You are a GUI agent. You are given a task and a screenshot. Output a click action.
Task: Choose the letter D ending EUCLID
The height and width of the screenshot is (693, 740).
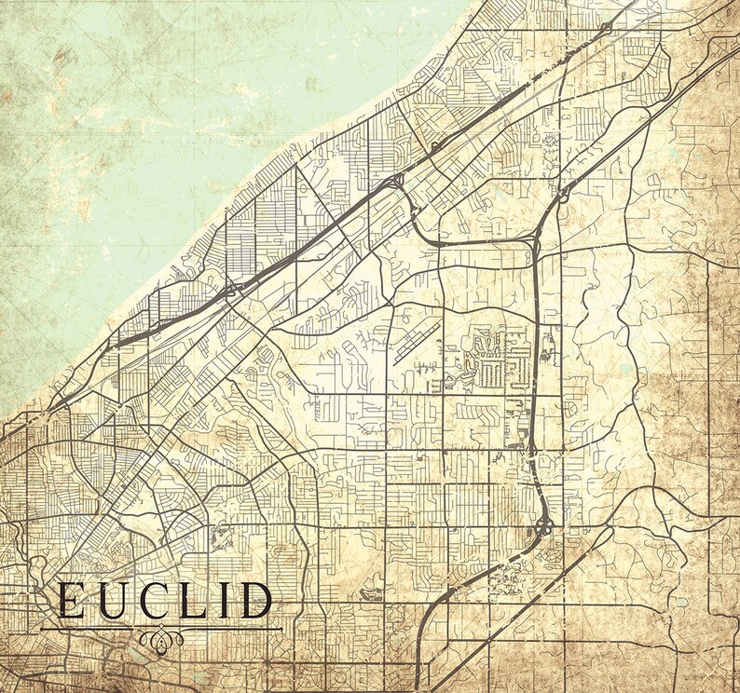coord(254,602)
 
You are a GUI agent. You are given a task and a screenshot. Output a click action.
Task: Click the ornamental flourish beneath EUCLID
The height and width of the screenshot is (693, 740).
coord(162,640)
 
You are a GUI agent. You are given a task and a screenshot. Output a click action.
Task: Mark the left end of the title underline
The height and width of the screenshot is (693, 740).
coord(41,628)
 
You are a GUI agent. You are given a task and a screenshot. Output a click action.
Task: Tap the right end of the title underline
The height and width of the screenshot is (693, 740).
coord(281,628)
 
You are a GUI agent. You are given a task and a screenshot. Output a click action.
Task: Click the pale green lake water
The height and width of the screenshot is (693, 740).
coord(140,112)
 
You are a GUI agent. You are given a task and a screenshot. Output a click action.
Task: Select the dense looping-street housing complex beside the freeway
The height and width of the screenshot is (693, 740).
coord(494,359)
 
